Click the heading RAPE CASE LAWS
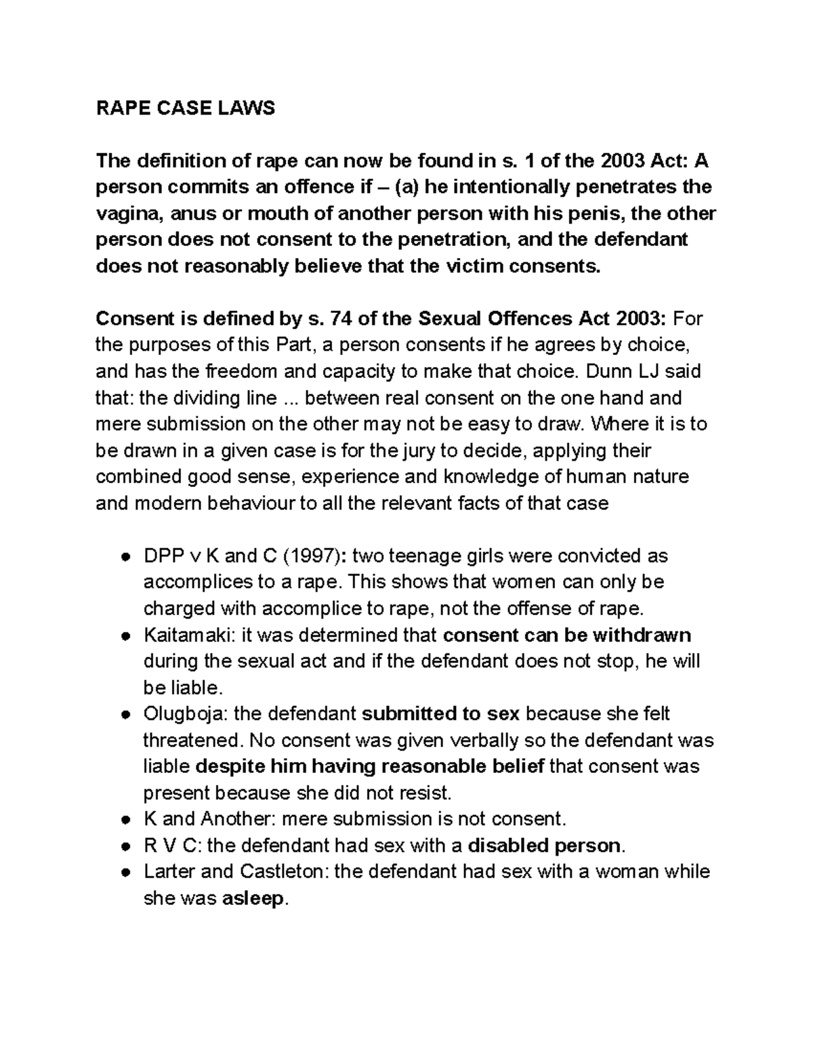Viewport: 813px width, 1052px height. [x=185, y=108]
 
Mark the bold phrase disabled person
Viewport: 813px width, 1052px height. [x=544, y=845]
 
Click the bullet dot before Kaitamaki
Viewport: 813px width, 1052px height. [x=125, y=636]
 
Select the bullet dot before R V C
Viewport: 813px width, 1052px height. [x=125, y=846]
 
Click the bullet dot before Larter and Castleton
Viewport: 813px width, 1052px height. [x=125, y=872]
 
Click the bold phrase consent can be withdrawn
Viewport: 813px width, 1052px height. [x=566, y=635]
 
